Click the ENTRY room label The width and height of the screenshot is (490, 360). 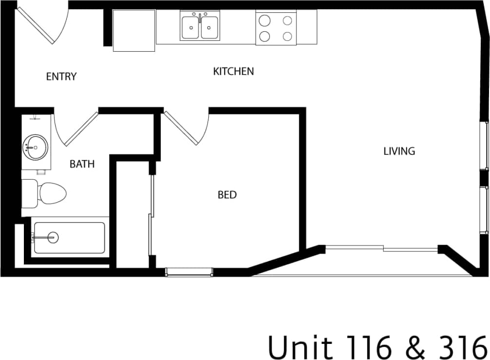coord(61,76)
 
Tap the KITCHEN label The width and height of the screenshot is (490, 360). coord(234,71)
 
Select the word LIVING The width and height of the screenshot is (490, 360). coord(399,151)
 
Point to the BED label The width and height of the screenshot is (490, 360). coord(227,195)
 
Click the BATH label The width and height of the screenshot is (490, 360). coord(82,164)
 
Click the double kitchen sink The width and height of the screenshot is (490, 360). coord(200,27)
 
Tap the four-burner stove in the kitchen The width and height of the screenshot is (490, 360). coord(276,28)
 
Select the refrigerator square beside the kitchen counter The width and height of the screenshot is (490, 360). coord(134,30)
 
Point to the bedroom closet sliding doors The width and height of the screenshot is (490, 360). coord(152,214)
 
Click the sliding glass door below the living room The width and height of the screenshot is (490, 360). coord(382,249)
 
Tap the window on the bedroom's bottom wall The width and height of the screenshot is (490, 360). coord(189,271)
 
